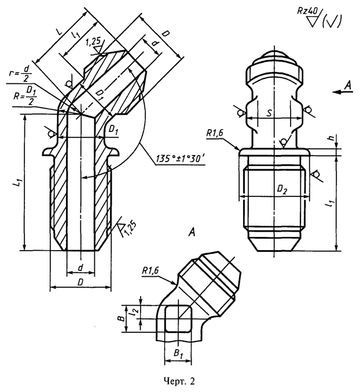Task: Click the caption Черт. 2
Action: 179,381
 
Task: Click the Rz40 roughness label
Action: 307,11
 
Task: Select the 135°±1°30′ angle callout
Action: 180,159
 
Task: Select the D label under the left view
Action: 80,282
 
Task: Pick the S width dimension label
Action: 269,113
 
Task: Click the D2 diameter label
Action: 282,190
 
